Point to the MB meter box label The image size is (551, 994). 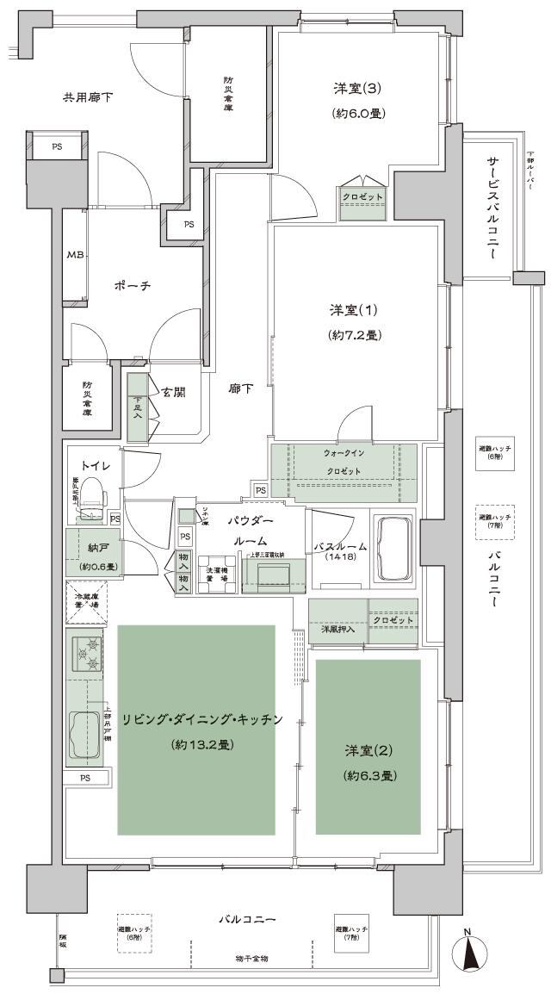75,255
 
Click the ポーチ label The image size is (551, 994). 133,285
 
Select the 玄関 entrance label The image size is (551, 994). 172,393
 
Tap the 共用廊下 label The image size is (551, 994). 88,97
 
